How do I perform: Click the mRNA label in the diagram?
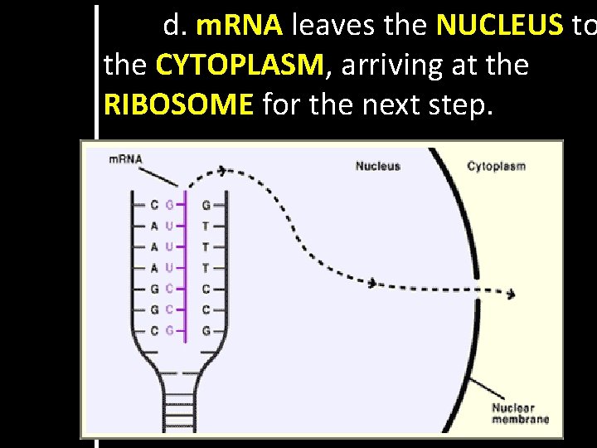(x=125, y=159)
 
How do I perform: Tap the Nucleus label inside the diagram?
(x=377, y=166)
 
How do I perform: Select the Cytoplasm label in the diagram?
(x=496, y=166)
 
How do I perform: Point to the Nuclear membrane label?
(x=520, y=413)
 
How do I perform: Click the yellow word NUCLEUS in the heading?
(x=499, y=27)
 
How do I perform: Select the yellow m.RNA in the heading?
(x=240, y=27)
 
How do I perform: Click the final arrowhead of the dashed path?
(x=512, y=294)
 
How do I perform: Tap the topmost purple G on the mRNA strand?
(x=169, y=204)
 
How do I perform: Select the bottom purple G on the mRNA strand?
(x=169, y=331)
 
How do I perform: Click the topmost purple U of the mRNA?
(x=169, y=226)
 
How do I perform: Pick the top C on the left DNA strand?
(x=154, y=204)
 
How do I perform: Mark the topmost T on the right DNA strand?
(x=206, y=226)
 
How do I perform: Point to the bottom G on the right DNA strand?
(x=206, y=331)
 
